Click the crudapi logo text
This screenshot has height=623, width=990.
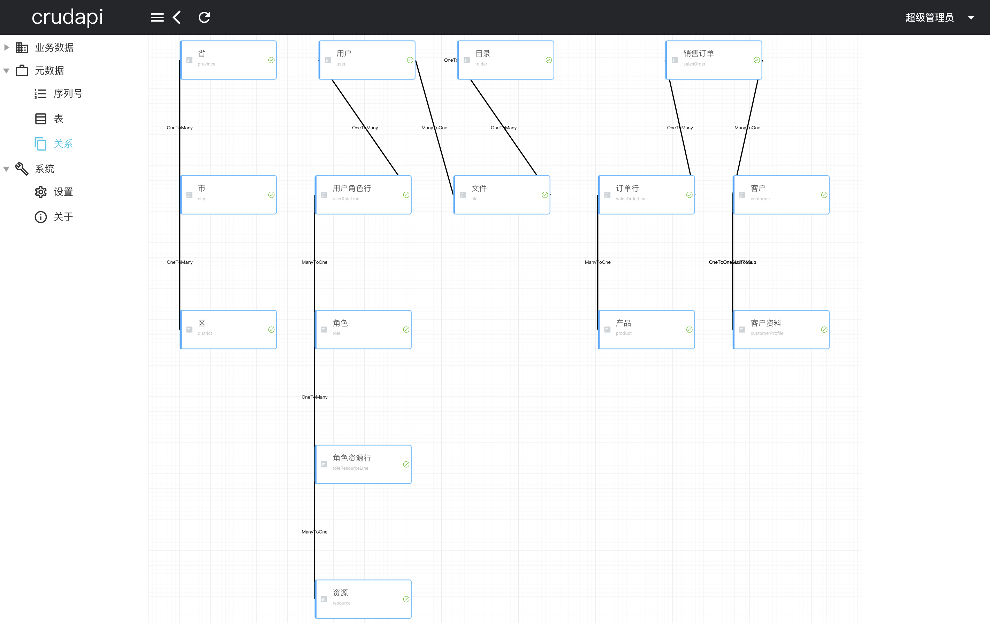(67, 17)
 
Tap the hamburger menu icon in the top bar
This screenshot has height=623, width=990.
(157, 17)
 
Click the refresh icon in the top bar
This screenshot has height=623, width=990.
(204, 17)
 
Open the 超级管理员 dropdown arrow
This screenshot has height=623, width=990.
(971, 18)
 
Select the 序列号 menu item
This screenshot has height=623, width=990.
(68, 94)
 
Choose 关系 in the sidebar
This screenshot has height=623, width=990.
(63, 144)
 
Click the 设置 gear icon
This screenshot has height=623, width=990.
(41, 192)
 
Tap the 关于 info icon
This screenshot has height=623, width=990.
(41, 217)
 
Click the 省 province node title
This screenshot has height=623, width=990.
(201, 53)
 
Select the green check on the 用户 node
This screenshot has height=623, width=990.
(410, 60)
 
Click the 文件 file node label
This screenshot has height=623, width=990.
(479, 188)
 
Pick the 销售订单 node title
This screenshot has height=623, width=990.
(698, 53)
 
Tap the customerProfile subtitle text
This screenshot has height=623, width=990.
(767, 333)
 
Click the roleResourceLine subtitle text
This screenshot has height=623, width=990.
(350, 468)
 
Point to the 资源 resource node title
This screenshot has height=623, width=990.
(340, 593)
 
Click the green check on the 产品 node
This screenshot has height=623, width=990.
(690, 330)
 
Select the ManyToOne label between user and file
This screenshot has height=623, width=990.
(434, 128)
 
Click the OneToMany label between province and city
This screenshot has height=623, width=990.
(180, 128)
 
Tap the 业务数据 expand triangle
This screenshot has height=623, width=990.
(7, 47)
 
